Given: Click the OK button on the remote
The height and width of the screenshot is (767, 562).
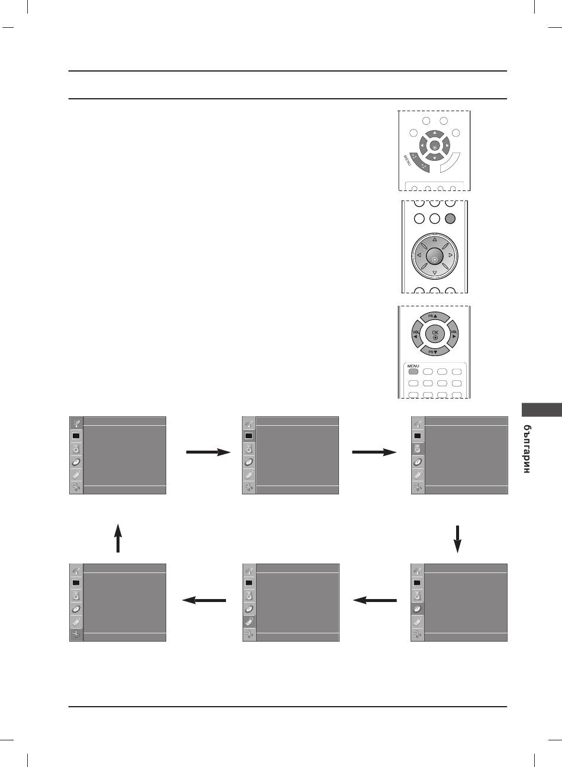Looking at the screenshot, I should [x=435, y=335].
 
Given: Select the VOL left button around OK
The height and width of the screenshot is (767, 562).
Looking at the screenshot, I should [x=415, y=335].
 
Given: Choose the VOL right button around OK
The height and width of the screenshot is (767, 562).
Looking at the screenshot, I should [x=454, y=335].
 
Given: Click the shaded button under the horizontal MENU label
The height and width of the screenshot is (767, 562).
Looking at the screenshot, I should [x=413, y=372].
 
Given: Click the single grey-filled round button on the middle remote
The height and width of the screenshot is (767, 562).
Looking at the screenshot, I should [x=450, y=218].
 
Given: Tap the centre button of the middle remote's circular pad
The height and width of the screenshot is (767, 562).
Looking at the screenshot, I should [x=434, y=255].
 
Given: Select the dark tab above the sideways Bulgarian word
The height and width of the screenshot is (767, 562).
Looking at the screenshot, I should [x=541, y=410].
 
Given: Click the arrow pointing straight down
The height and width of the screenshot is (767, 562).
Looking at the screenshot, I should [x=457, y=538].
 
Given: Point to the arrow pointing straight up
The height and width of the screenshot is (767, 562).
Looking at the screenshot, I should [x=118, y=537].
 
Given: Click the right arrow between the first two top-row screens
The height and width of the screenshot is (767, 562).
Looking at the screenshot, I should [x=208, y=452].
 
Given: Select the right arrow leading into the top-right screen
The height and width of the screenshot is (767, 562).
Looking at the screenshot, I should [x=374, y=452].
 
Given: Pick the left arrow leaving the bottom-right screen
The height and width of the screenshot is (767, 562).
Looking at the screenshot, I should [x=374, y=601].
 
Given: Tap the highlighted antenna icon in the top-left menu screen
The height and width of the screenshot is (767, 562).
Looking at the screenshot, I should [x=76, y=423].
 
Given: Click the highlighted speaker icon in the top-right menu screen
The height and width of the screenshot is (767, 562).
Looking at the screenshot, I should [x=418, y=448].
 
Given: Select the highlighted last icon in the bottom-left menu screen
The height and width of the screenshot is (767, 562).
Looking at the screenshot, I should [x=76, y=635].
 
